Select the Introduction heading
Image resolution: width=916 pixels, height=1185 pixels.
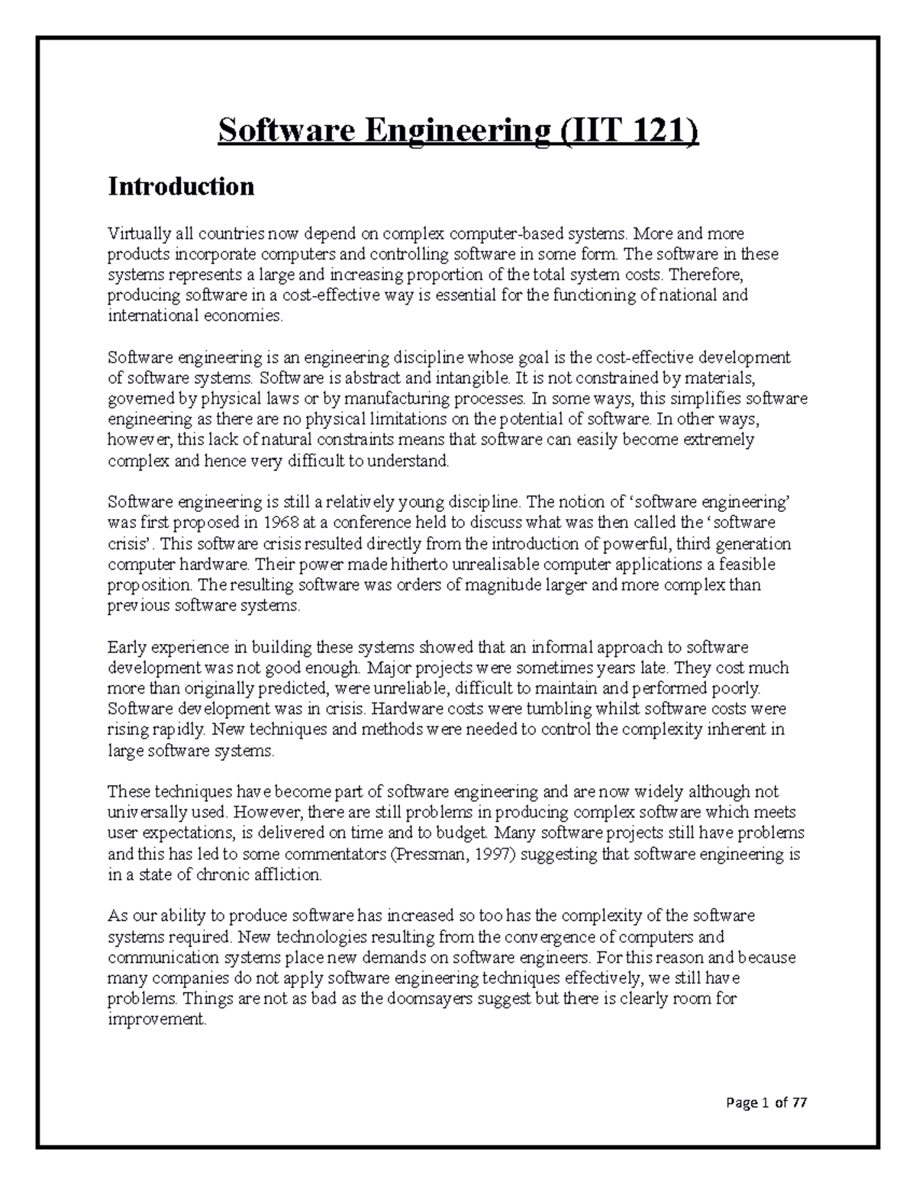181,186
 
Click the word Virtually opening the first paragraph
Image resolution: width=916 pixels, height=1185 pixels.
134,233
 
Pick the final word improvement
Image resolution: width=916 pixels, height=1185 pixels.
156,1020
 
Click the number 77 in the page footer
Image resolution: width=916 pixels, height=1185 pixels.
798,1103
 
